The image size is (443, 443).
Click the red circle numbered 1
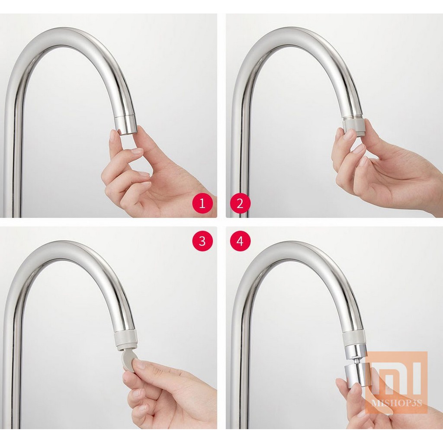coord(202,203)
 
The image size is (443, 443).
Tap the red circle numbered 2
coord(240,203)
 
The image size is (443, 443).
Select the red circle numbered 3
coord(202,241)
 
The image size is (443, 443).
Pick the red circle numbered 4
coord(240,241)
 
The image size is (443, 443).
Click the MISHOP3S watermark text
coord(397,403)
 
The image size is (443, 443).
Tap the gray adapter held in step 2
coord(354,128)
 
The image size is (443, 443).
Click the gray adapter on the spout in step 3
coord(126,340)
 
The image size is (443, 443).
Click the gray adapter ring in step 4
coord(354,337)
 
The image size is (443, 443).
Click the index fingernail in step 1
coord(113,135)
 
